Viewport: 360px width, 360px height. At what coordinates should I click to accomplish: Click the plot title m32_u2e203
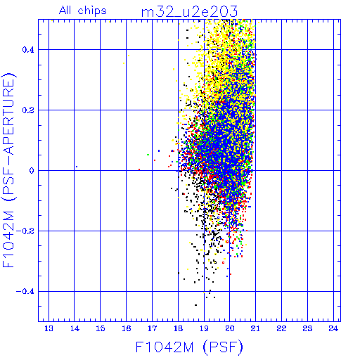point(189,12)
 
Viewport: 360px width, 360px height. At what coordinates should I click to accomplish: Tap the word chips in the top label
point(92,11)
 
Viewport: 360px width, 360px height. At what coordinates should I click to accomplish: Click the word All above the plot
point(65,10)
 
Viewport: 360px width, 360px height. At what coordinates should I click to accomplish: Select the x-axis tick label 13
point(49,328)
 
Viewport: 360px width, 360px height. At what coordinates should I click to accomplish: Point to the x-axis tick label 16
point(127,328)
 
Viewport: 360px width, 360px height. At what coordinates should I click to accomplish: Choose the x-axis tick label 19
point(204,328)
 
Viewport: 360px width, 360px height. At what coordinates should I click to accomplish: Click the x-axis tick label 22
point(281,328)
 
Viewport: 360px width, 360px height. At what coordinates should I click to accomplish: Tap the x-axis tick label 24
point(333,328)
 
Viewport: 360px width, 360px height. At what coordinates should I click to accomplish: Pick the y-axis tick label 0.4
point(28,50)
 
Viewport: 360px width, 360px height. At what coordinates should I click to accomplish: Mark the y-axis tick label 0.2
point(28,110)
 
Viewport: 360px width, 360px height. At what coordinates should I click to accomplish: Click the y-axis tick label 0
point(32,171)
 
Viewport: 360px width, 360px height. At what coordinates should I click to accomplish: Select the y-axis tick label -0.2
point(25,231)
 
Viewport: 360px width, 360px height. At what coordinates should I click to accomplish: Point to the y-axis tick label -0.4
point(25,292)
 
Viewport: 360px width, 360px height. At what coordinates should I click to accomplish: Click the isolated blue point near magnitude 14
point(77,167)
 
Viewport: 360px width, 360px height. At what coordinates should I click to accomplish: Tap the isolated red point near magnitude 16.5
point(139,169)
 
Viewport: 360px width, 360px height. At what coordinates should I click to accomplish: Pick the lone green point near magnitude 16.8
point(148,155)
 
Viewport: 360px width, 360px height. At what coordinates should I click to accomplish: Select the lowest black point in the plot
point(195,305)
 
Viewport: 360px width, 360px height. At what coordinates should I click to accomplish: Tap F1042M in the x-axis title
point(165,347)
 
